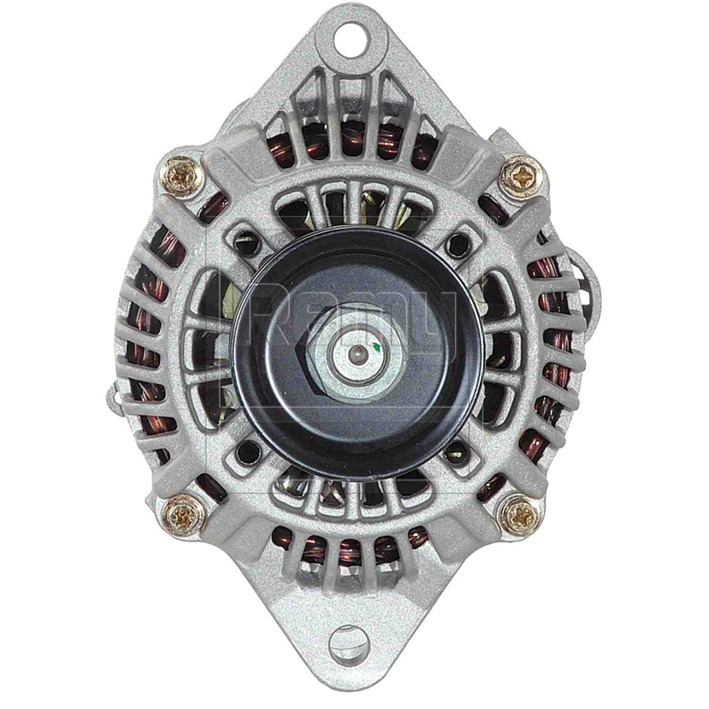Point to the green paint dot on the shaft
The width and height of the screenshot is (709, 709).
[376, 348]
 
